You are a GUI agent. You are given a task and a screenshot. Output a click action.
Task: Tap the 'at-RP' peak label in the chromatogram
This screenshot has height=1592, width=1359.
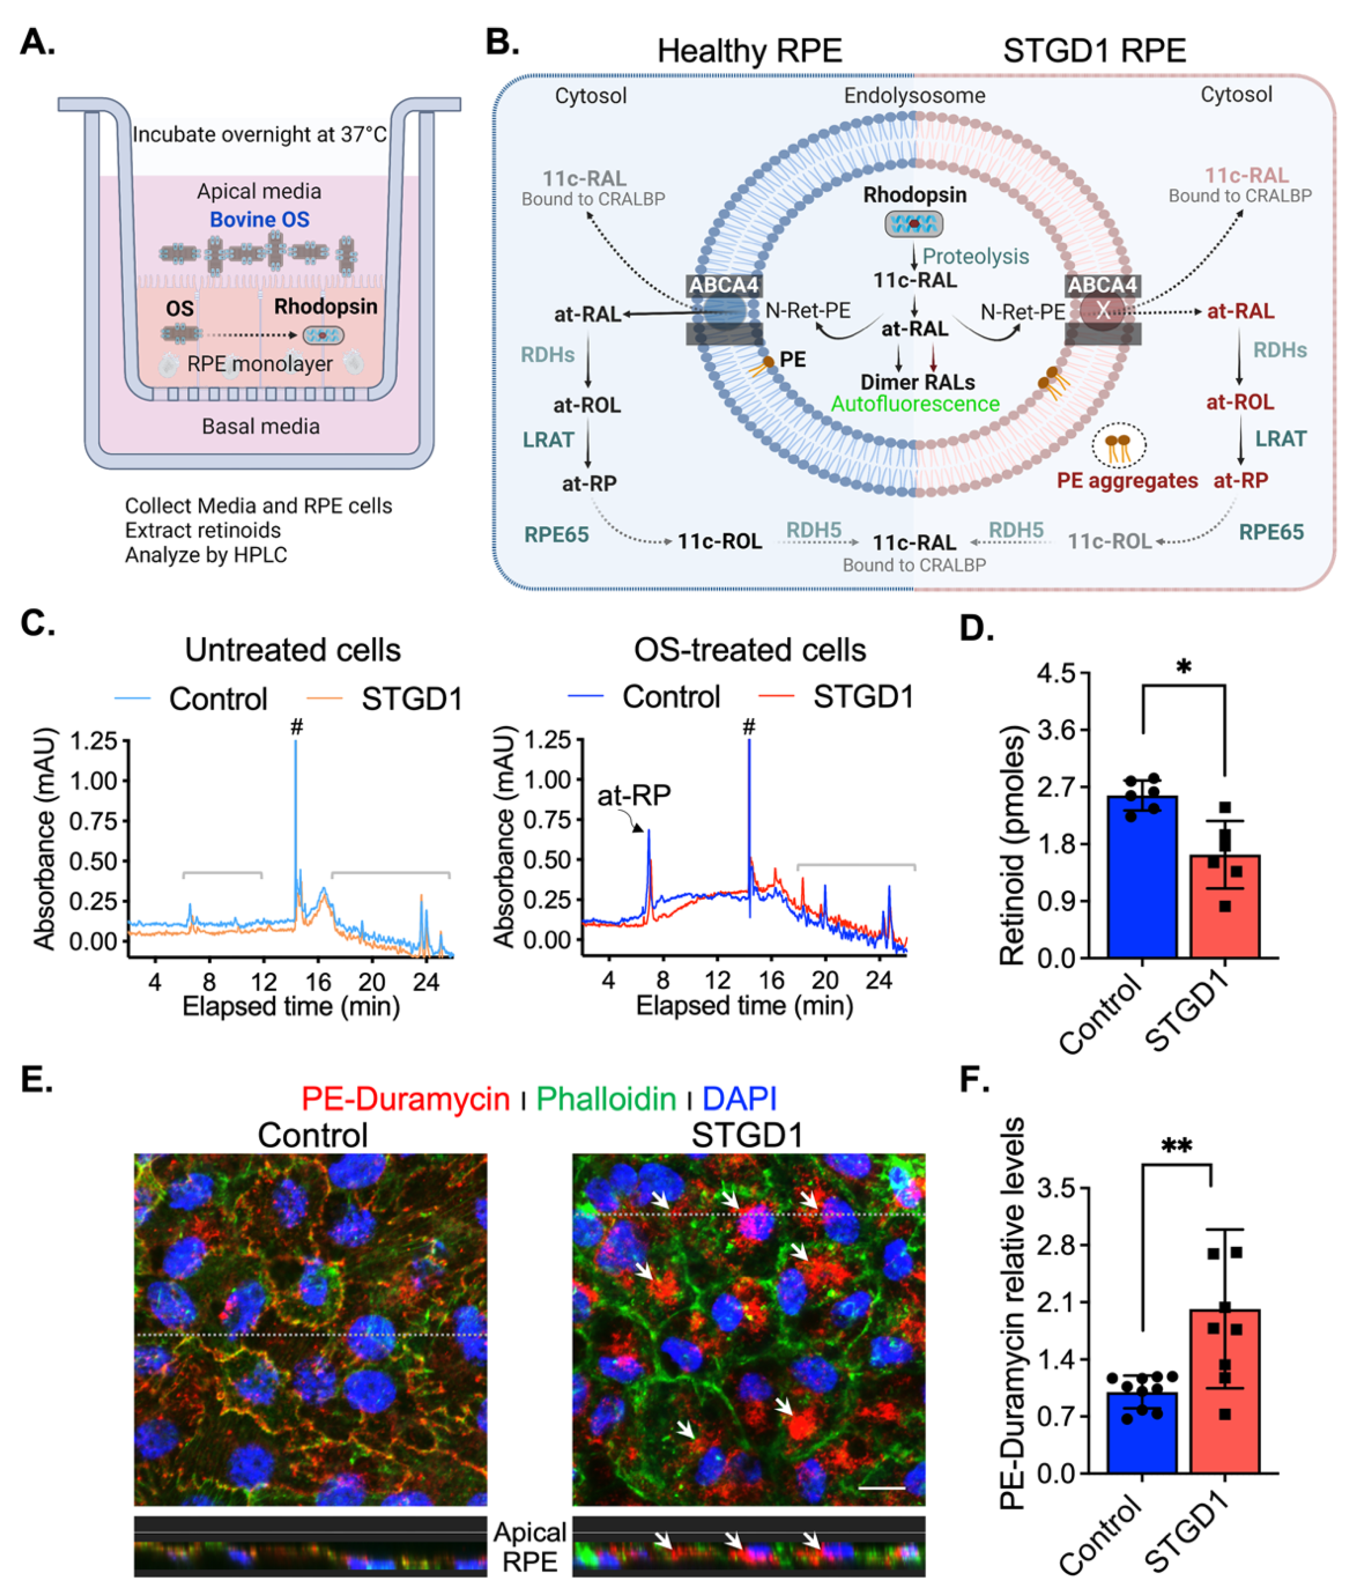click(634, 795)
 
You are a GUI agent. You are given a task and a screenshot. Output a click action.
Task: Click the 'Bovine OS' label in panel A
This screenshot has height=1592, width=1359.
click(260, 220)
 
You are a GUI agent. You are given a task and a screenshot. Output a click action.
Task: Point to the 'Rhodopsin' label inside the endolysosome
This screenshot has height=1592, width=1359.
click(914, 195)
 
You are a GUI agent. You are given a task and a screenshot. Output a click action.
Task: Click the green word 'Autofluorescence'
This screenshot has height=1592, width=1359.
click(915, 404)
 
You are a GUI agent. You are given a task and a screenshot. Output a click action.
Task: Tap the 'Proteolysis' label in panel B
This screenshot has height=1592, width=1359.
click(976, 257)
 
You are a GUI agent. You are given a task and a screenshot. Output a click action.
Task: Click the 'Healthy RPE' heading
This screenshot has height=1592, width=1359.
click(749, 51)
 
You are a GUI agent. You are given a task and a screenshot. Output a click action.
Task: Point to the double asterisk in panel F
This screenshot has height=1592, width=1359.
click(1176, 1147)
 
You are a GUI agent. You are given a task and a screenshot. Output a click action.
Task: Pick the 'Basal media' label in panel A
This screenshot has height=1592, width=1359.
click(260, 427)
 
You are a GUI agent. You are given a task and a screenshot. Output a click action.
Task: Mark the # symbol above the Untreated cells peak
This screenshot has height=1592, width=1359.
click(297, 726)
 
